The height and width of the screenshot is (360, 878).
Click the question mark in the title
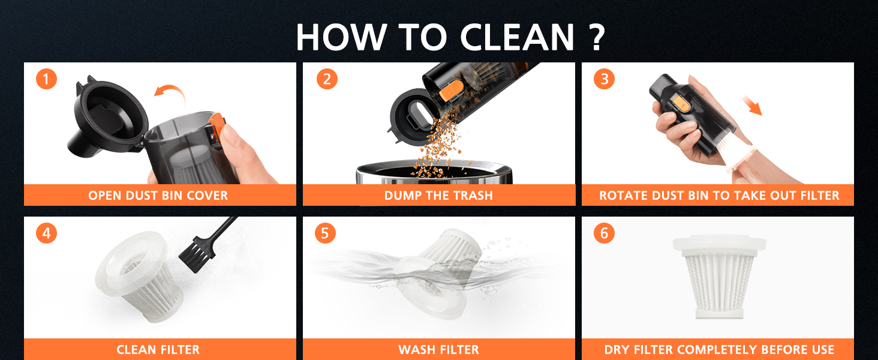coord(594,37)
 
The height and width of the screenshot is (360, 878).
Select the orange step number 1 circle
coord(46,79)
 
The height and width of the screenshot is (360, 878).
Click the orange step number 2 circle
coord(326,79)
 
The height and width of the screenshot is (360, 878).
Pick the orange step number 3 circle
coord(604,79)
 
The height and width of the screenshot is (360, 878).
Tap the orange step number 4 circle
coord(46,233)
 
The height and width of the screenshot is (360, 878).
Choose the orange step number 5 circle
coord(325,233)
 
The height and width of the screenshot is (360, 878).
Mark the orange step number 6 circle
coord(604,233)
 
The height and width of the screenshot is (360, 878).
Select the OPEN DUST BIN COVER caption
coord(158,196)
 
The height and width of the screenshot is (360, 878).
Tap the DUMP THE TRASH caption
coord(438,196)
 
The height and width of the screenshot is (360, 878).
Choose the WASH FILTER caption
coord(438,349)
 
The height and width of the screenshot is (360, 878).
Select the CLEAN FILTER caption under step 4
coord(158,349)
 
